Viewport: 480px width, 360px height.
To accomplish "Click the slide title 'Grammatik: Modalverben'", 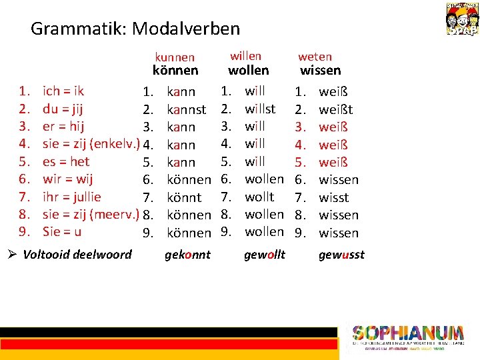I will tap(135, 29).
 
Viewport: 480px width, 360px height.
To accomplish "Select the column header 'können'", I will tap(175, 71).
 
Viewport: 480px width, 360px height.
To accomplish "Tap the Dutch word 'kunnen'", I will tap(175, 57).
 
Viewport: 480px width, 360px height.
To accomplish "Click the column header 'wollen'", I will tap(249, 70).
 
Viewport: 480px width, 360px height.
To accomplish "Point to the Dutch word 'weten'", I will tap(315, 57).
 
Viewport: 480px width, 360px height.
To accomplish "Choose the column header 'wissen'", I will tap(320, 70).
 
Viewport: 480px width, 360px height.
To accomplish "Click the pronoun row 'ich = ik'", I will tap(63, 91).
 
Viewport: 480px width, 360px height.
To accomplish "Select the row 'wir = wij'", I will tap(67, 179).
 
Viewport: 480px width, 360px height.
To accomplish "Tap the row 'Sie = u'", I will tap(62, 232).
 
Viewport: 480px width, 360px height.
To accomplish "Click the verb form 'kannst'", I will tap(186, 109).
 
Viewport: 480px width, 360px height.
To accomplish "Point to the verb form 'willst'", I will tap(260, 108).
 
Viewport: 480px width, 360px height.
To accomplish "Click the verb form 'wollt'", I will tap(259, 197).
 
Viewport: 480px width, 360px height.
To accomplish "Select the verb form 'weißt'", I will tap(336, 109).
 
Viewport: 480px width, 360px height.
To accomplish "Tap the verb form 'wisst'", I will tap(334, 197).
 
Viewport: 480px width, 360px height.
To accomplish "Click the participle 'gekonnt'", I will tap(187, 255).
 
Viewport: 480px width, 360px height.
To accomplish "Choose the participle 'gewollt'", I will tap(265, 255).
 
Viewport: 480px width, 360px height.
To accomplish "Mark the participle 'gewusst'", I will tap(341, 255).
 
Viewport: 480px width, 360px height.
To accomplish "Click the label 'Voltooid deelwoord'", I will tap(77, 254).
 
